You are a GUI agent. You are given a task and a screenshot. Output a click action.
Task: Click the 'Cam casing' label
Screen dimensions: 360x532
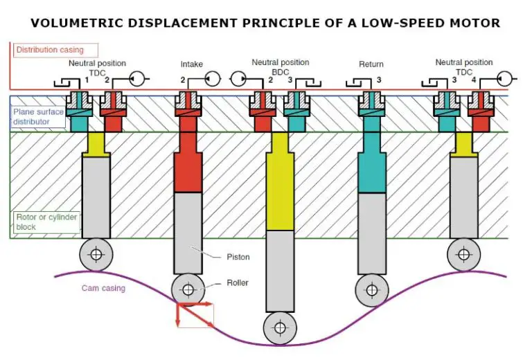coord(103,288)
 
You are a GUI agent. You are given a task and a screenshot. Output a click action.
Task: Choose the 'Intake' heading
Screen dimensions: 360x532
coord(192,64)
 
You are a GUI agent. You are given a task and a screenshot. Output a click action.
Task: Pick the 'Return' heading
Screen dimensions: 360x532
coord(371,64)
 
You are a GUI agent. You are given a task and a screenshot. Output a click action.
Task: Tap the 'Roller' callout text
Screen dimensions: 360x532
coord(237,282)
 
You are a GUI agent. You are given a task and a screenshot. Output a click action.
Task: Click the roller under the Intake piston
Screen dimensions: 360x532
coord(187,289)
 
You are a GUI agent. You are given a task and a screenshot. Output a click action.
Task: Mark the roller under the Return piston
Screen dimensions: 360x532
coord(371,289)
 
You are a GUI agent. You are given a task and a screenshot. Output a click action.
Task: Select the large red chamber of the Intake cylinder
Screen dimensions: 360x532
coord(187,170)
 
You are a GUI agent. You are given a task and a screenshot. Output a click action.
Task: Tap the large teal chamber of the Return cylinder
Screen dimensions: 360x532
coord(371,170)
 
